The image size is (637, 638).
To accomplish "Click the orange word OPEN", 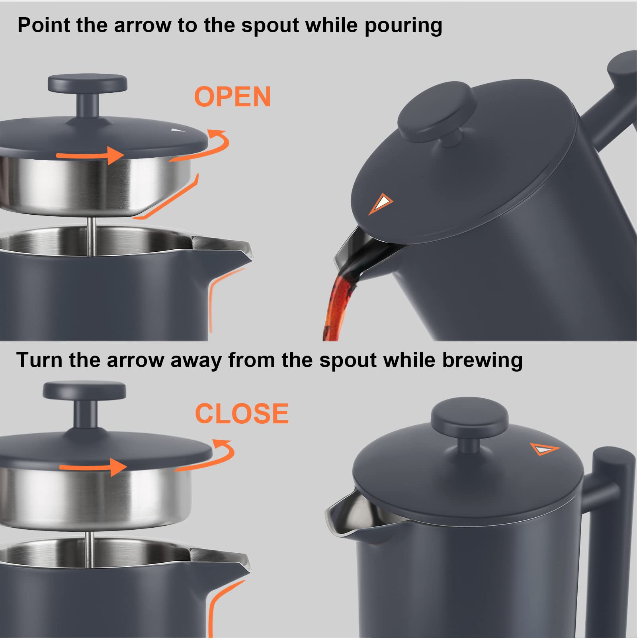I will [x=232, y=97].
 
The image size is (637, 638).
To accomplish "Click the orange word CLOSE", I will [x=242, y=413].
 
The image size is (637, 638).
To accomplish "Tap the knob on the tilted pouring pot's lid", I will [x=437, y=114].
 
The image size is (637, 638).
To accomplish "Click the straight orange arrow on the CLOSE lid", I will [x=94, y=466].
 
